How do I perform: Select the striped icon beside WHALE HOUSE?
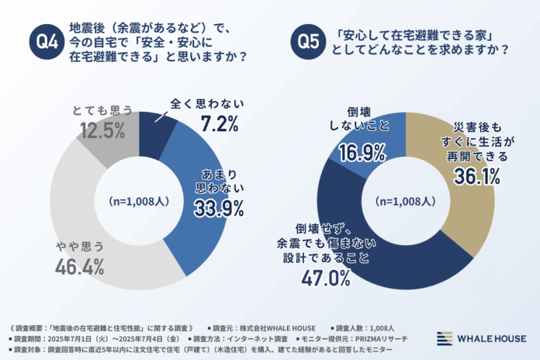(x=443, y=337)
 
